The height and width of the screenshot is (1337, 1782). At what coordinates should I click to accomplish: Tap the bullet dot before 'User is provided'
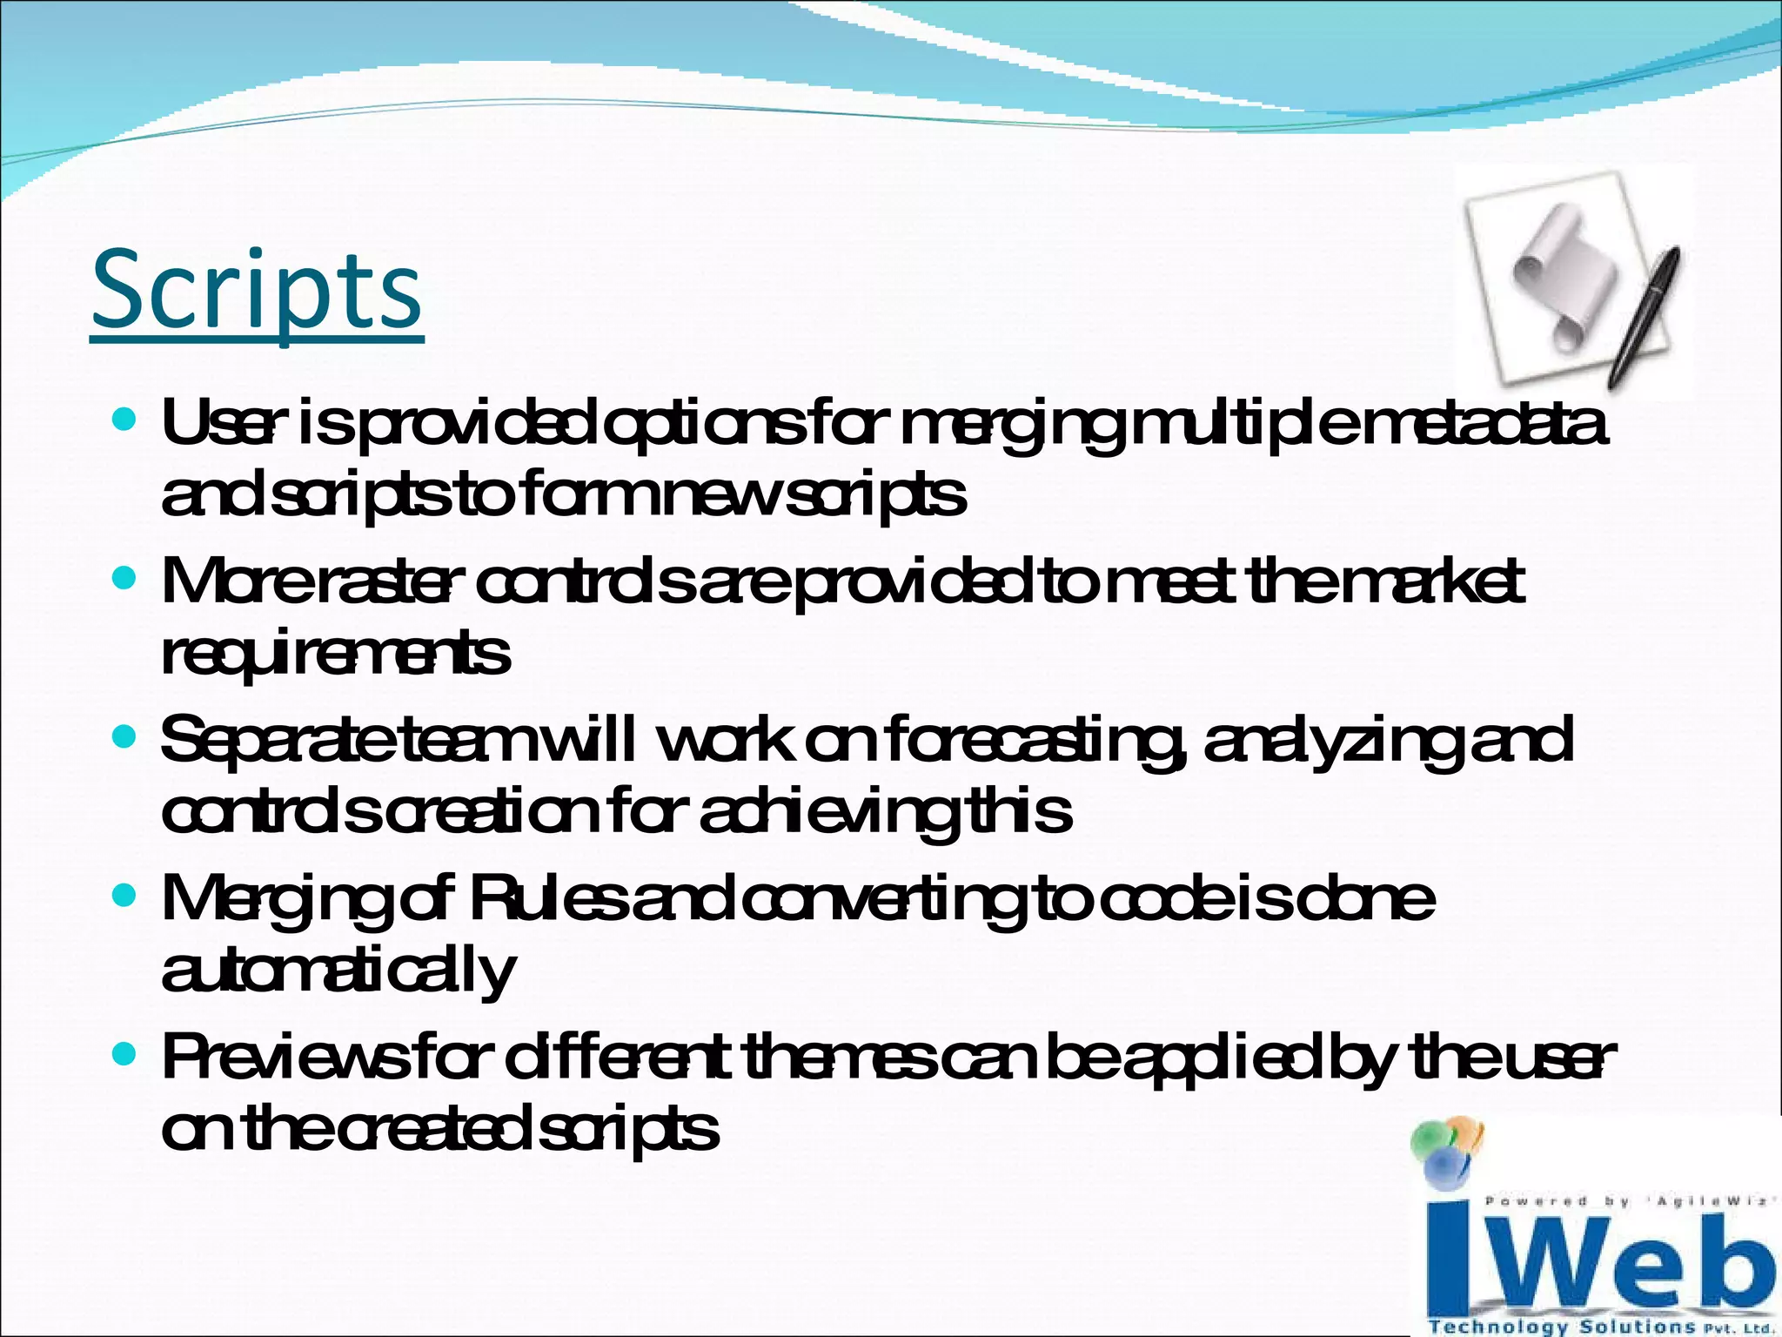125,421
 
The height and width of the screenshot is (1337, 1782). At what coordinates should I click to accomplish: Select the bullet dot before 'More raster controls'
125,578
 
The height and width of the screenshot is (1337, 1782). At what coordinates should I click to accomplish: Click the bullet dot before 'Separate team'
125,738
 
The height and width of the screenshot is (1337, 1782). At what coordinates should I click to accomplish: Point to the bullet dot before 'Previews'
125,1055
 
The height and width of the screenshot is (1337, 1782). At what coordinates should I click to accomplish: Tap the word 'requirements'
336,655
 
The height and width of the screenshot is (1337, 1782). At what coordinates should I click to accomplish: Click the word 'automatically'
339,971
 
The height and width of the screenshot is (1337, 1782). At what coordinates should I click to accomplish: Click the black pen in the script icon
1645,318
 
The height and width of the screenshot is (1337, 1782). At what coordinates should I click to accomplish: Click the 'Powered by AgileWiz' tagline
1627,1202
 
